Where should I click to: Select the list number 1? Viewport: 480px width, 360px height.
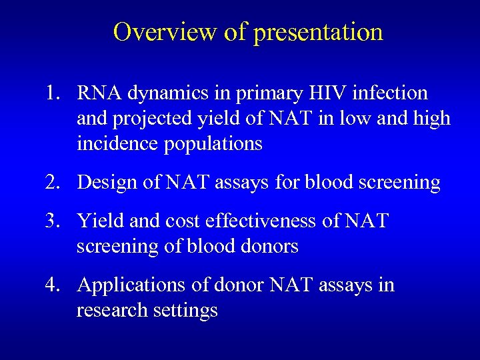(54, 93)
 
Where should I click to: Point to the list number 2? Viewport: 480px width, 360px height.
(54, 182)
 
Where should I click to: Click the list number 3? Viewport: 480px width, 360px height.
(54, 220)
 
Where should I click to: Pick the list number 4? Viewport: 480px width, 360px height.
(54, 285)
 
